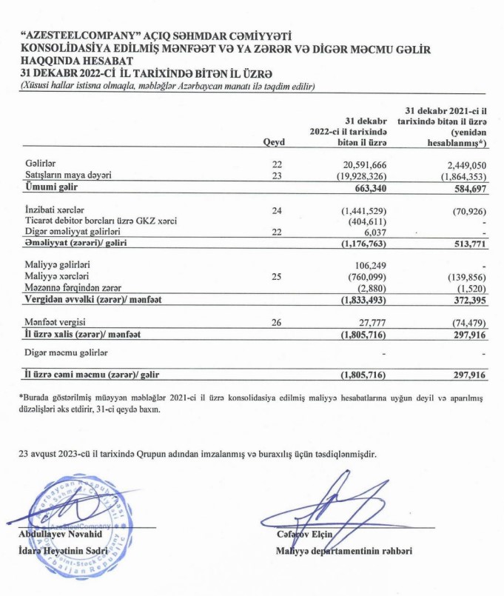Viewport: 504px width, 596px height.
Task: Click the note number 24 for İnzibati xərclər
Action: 278,211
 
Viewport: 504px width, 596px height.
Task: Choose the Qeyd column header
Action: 274,144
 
